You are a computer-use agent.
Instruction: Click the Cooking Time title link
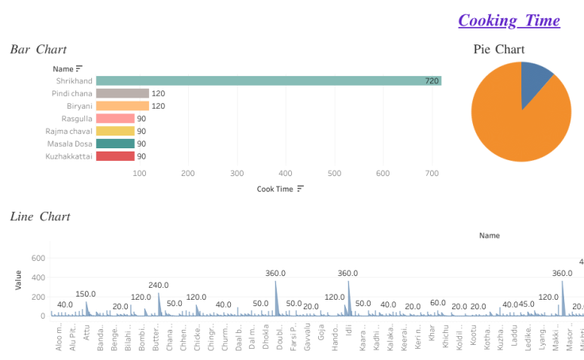[509, 21]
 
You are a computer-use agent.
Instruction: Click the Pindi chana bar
[122, 94]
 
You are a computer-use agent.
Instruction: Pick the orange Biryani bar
[122, 106]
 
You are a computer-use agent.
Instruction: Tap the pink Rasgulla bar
[115, 119]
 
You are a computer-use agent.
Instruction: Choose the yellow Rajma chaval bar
[115, 132]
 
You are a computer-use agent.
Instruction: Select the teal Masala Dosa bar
[115, 144]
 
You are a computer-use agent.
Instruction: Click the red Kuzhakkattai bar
[115, 156]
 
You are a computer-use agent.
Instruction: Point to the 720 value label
[432, 81]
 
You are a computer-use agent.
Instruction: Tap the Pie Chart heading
[499, 49]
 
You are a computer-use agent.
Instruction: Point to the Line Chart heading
[40, 216]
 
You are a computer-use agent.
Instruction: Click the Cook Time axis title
[275, 189]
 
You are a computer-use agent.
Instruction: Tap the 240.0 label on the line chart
[159, 285]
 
